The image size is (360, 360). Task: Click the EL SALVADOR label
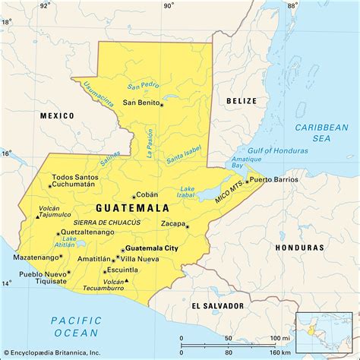(x=219, y=305)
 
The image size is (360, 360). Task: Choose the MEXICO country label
(x=57, y=115)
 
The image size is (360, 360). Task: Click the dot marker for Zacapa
(x=187, y=226)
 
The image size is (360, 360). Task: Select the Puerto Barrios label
(x=274, y=179)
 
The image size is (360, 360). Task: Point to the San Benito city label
(x=141, y=103)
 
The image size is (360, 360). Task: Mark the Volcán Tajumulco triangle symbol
(x=38, y=216)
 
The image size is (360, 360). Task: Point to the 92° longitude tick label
(x=45, y=5)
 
